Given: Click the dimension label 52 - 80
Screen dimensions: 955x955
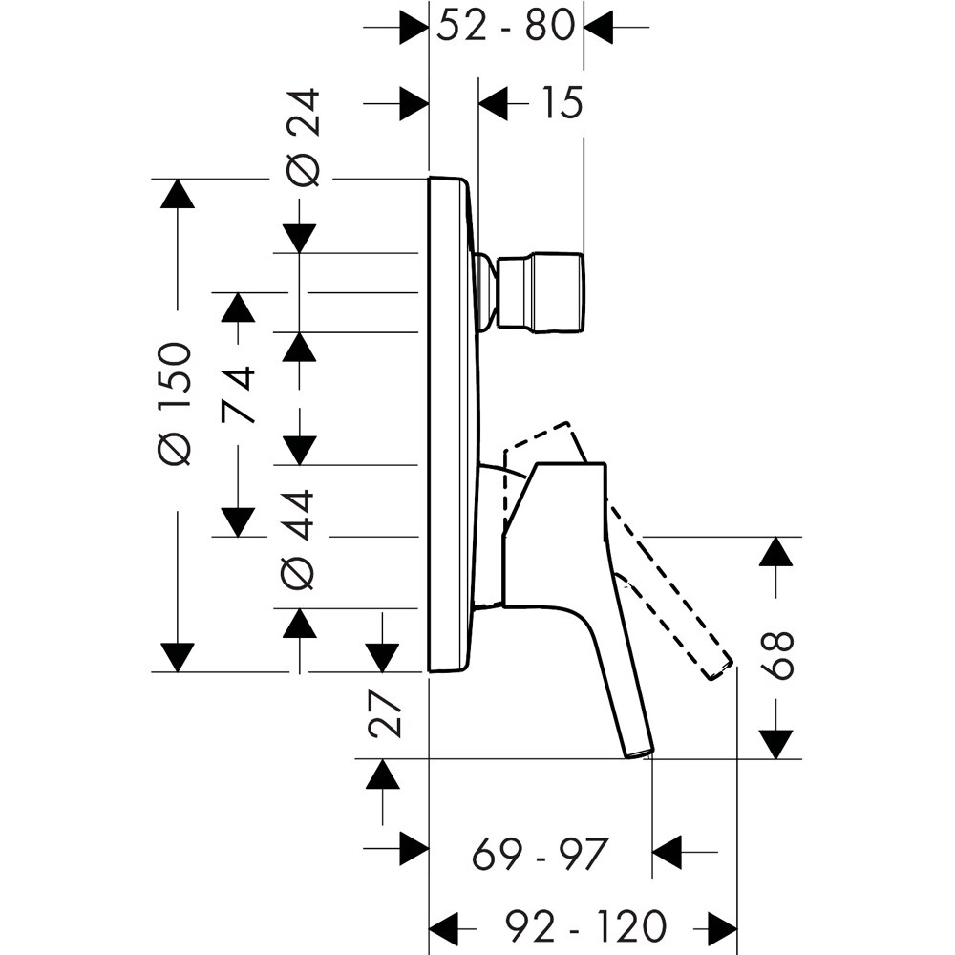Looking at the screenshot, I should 506,26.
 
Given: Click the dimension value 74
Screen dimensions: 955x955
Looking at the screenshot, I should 239,393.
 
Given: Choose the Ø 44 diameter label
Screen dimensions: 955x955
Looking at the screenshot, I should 300,538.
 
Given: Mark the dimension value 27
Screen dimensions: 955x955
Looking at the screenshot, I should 384,713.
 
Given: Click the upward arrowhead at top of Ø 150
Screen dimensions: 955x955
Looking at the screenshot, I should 177,194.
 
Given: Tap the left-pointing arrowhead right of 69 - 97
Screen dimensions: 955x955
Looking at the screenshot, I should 668,849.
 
